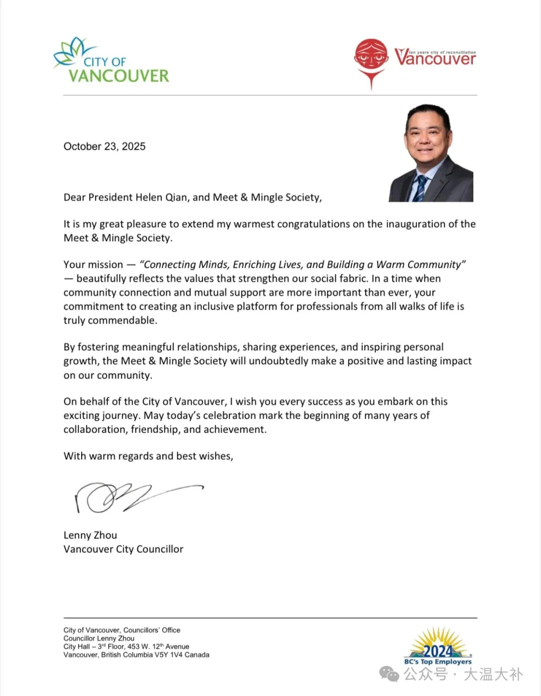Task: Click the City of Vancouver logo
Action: point(111,61)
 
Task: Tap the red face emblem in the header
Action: point(371,56)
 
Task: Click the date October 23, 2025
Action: point(104,146)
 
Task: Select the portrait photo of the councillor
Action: point(431,153)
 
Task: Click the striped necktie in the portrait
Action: point(420,188)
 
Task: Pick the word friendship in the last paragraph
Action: point(154,429)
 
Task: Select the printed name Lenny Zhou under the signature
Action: point(90,535)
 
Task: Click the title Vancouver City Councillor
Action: point(123,549)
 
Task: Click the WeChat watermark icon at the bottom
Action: point(389,674)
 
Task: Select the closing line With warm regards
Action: point(148,456)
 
